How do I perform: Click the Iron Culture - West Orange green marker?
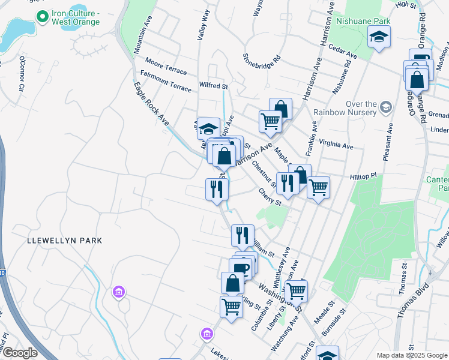(43, 16)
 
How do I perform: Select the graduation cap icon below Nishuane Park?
(379, 39)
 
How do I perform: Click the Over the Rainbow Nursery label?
(345, 108)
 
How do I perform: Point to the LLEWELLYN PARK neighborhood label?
(65, 241)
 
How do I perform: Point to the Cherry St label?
(270, 197)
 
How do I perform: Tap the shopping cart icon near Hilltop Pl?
(318, 187)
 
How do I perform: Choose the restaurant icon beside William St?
(243, 235)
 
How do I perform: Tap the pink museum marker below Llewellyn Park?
(119, 292)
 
